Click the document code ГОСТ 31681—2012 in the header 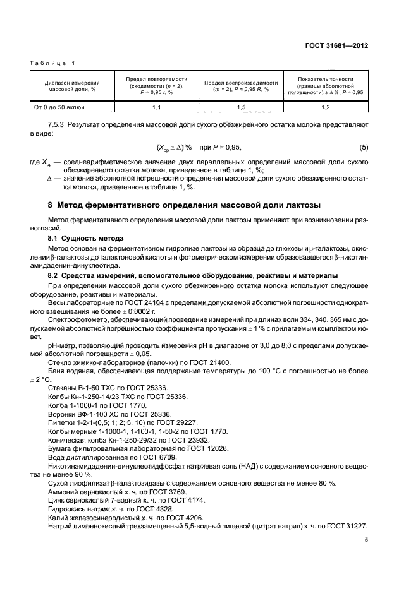(342, 46)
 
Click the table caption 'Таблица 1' (52, 64)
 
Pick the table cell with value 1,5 (241, 108)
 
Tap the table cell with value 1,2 (326, 108)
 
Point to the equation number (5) (363, 147)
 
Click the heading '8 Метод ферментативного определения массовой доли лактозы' (184, 205)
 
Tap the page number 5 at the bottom (366, 540)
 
